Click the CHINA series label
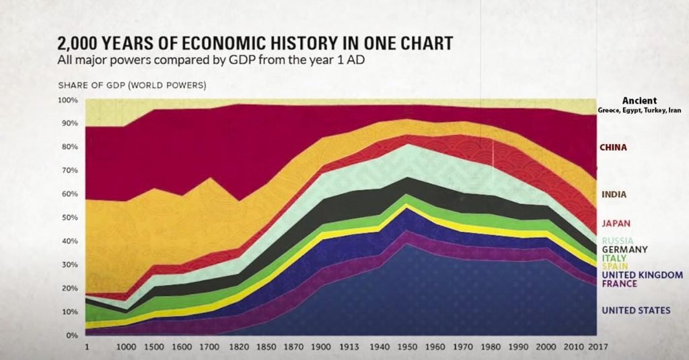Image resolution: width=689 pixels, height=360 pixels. (x=614, y=147)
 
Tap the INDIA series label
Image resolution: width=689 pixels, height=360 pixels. (x=614, y=194)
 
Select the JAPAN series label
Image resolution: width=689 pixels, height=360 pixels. (x=616, y=223)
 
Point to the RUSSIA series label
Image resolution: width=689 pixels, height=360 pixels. (x=618, y=240)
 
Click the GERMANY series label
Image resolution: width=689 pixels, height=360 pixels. (x=625, y=249)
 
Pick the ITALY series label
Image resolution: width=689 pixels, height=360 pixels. (x=614, y=258)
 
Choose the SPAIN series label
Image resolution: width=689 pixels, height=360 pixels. (x=615, y=266)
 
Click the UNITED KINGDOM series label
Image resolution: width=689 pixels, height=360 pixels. (x=643, y=275)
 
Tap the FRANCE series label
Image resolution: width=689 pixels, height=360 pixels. (x=620, y=283)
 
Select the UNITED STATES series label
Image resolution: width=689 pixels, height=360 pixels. (x=637, y=310)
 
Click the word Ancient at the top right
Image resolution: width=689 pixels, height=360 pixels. (x=639, y=101)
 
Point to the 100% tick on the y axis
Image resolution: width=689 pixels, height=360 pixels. (x=68, y=100)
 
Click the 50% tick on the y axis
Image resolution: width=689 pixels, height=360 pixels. (x=69, y=217)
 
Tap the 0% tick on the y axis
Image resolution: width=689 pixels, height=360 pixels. (x=71, y=335)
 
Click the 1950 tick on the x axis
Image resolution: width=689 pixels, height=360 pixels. (x=407, y=347)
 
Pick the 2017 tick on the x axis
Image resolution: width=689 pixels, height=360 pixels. (x=598, y=347)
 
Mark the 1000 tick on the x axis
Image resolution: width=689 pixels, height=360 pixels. (x=126, y=347)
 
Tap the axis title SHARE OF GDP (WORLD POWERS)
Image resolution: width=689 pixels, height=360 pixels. (x=133, y=85)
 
